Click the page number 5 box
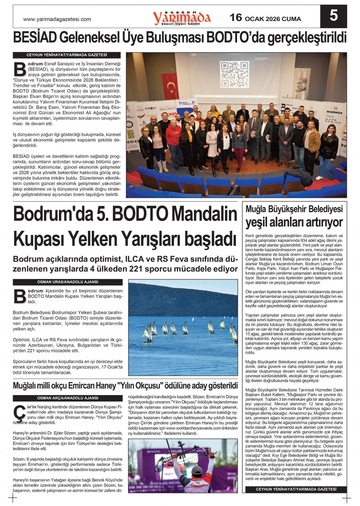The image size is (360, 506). pos(333,16)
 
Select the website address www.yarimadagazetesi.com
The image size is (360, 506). pos(57,19)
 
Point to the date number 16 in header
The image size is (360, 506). pos(236,18)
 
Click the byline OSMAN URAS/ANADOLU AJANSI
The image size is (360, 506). pos(68,282)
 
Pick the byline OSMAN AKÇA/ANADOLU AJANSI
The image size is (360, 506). pos(68,398)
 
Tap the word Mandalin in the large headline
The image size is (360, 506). pos(204,214)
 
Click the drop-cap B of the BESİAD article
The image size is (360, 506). pos(20,69)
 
